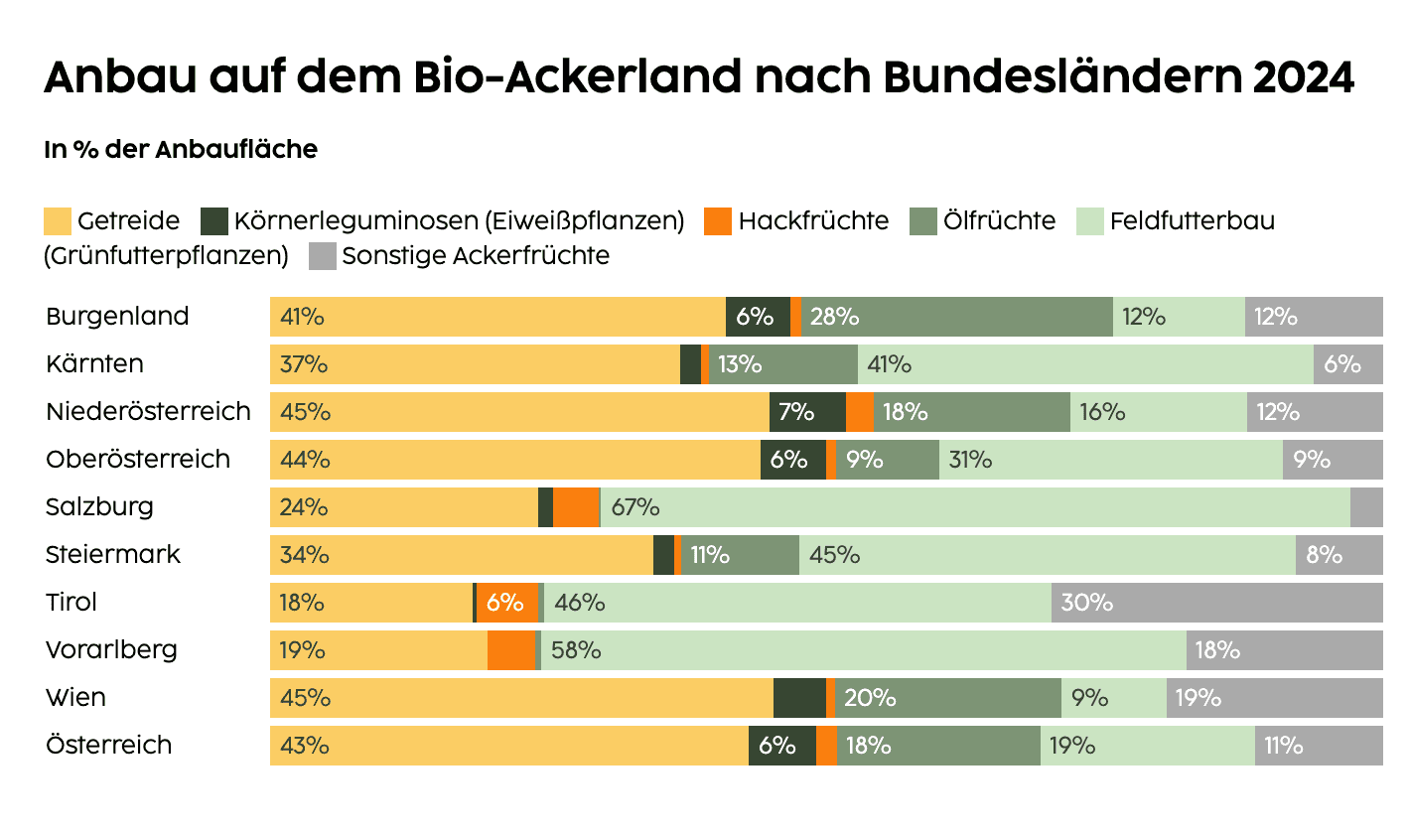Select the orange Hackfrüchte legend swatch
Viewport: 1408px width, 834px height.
point(717,220)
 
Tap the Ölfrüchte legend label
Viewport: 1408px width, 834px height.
point(1000,220)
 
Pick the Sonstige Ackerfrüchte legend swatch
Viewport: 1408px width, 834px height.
point(323,256)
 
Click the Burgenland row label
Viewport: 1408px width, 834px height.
point(117,317)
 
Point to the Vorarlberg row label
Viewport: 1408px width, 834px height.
point(111,650)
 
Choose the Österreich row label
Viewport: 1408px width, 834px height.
point(108,746)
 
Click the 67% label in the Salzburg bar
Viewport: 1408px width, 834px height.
point(635,507)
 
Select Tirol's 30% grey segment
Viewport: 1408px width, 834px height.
point(1216,603)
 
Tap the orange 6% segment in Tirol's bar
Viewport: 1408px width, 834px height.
point(506,603)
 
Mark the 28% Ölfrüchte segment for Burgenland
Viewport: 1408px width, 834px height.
point(957,317)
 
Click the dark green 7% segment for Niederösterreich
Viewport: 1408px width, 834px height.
point(806,412)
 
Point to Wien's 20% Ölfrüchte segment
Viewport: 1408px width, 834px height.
point(948,698)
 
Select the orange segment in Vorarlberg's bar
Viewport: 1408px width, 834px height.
point(511,650)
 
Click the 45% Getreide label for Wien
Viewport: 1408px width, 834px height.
point(305,698)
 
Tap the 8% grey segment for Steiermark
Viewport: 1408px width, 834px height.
point(1338,555)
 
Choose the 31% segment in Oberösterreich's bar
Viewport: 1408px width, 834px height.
point(1110,460)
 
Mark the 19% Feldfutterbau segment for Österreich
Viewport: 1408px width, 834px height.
point(1147,746)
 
